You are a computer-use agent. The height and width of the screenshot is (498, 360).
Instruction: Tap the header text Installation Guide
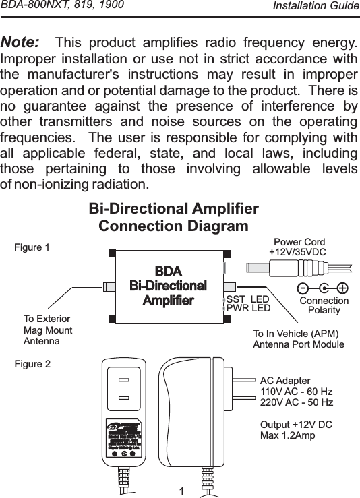(316, 6)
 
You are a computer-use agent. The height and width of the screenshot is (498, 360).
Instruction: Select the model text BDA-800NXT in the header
(34, 6)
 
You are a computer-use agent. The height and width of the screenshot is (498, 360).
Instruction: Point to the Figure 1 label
(32, 247)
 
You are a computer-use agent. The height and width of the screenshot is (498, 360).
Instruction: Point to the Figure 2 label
(32, 364)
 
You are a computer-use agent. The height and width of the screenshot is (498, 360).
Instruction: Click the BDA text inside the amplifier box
(168, 270)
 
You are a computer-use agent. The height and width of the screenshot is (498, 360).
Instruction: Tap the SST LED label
(247, 299)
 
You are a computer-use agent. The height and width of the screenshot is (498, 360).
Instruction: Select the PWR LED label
(247, 309)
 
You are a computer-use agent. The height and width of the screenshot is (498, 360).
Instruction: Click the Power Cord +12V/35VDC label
(298, 247)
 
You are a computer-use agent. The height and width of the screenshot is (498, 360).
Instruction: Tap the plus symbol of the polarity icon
(342, 288)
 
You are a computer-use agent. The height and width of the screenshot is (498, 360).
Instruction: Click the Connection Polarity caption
(324, 305)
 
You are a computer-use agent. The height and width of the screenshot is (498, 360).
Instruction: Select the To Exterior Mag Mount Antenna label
(47, 330)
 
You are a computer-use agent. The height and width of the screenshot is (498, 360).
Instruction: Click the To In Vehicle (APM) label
(295, 334)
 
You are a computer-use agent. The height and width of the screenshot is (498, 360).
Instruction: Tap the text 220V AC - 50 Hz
(296, 402)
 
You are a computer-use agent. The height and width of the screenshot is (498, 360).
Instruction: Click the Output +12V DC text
(295, 425)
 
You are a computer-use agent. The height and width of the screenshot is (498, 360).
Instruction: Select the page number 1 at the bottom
(181, 490)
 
